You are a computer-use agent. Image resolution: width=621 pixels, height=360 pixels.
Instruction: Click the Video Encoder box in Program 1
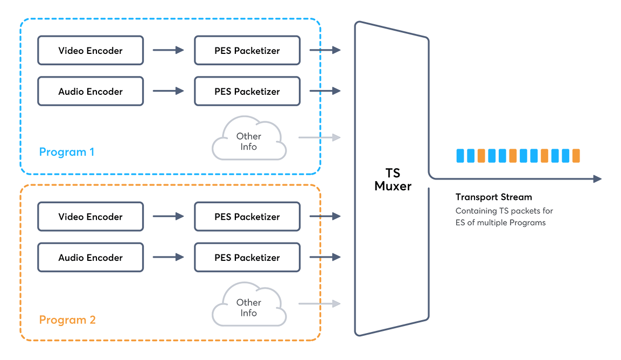click(90, 51)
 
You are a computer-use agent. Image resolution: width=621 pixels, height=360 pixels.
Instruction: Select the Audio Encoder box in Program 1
click(90, 92)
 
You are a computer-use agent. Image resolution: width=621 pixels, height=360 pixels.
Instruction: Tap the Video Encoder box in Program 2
click(90, 217)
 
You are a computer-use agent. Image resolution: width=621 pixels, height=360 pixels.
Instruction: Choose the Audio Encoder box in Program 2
click(90, 258)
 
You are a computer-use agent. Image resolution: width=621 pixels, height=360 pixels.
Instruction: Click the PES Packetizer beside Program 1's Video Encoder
click(247, 51)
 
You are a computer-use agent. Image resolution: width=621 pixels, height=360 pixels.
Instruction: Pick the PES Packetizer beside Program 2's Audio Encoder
click(247, 258)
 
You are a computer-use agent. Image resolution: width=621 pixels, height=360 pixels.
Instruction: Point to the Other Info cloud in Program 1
click(248, 142)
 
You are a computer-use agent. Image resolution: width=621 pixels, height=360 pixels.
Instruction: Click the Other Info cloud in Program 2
click(248, 308)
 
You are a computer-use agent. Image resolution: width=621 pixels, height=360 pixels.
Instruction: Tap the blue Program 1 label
click(67, 152)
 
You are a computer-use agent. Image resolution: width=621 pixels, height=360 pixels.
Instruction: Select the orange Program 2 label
click(67, 320)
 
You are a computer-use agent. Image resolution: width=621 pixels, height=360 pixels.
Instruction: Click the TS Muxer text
click(393, 179)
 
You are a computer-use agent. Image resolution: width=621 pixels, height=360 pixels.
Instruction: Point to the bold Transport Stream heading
click(493, 197)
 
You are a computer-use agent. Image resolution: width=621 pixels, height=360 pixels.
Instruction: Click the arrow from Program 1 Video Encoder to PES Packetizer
click(168, 50)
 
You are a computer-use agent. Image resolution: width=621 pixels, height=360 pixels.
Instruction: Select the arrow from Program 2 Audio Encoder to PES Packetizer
click(168, 258)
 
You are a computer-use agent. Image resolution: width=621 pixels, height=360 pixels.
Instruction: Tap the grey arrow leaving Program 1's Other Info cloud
click(319, 137)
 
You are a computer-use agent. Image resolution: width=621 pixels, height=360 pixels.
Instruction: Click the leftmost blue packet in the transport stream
click(460, 156)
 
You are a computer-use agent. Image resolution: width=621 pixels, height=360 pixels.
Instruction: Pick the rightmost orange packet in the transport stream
click(576, 156)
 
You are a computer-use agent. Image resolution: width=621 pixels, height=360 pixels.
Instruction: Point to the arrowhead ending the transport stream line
click(597, 179)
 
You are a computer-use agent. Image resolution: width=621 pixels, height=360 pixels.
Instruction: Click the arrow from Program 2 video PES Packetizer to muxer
click(325, 217)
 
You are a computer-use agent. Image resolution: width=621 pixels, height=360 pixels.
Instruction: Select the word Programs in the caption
click(527, 223)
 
